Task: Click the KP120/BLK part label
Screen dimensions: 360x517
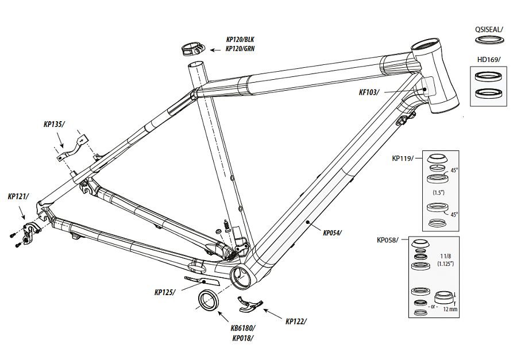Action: (x=240, y=40)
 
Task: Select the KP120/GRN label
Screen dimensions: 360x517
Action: (x=240, y=49)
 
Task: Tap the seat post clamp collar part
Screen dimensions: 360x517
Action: (x=192, y=48)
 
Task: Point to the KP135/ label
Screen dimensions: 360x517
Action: (x=54, y=123)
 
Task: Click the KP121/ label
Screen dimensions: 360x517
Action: (x=18, y=196)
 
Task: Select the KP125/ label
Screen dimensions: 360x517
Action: (x=164, y=292)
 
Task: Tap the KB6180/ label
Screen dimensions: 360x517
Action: (x=243, y=328)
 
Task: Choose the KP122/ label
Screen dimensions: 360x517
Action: (x=296, y=321)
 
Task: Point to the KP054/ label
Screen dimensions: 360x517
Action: (x=333, y=233)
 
